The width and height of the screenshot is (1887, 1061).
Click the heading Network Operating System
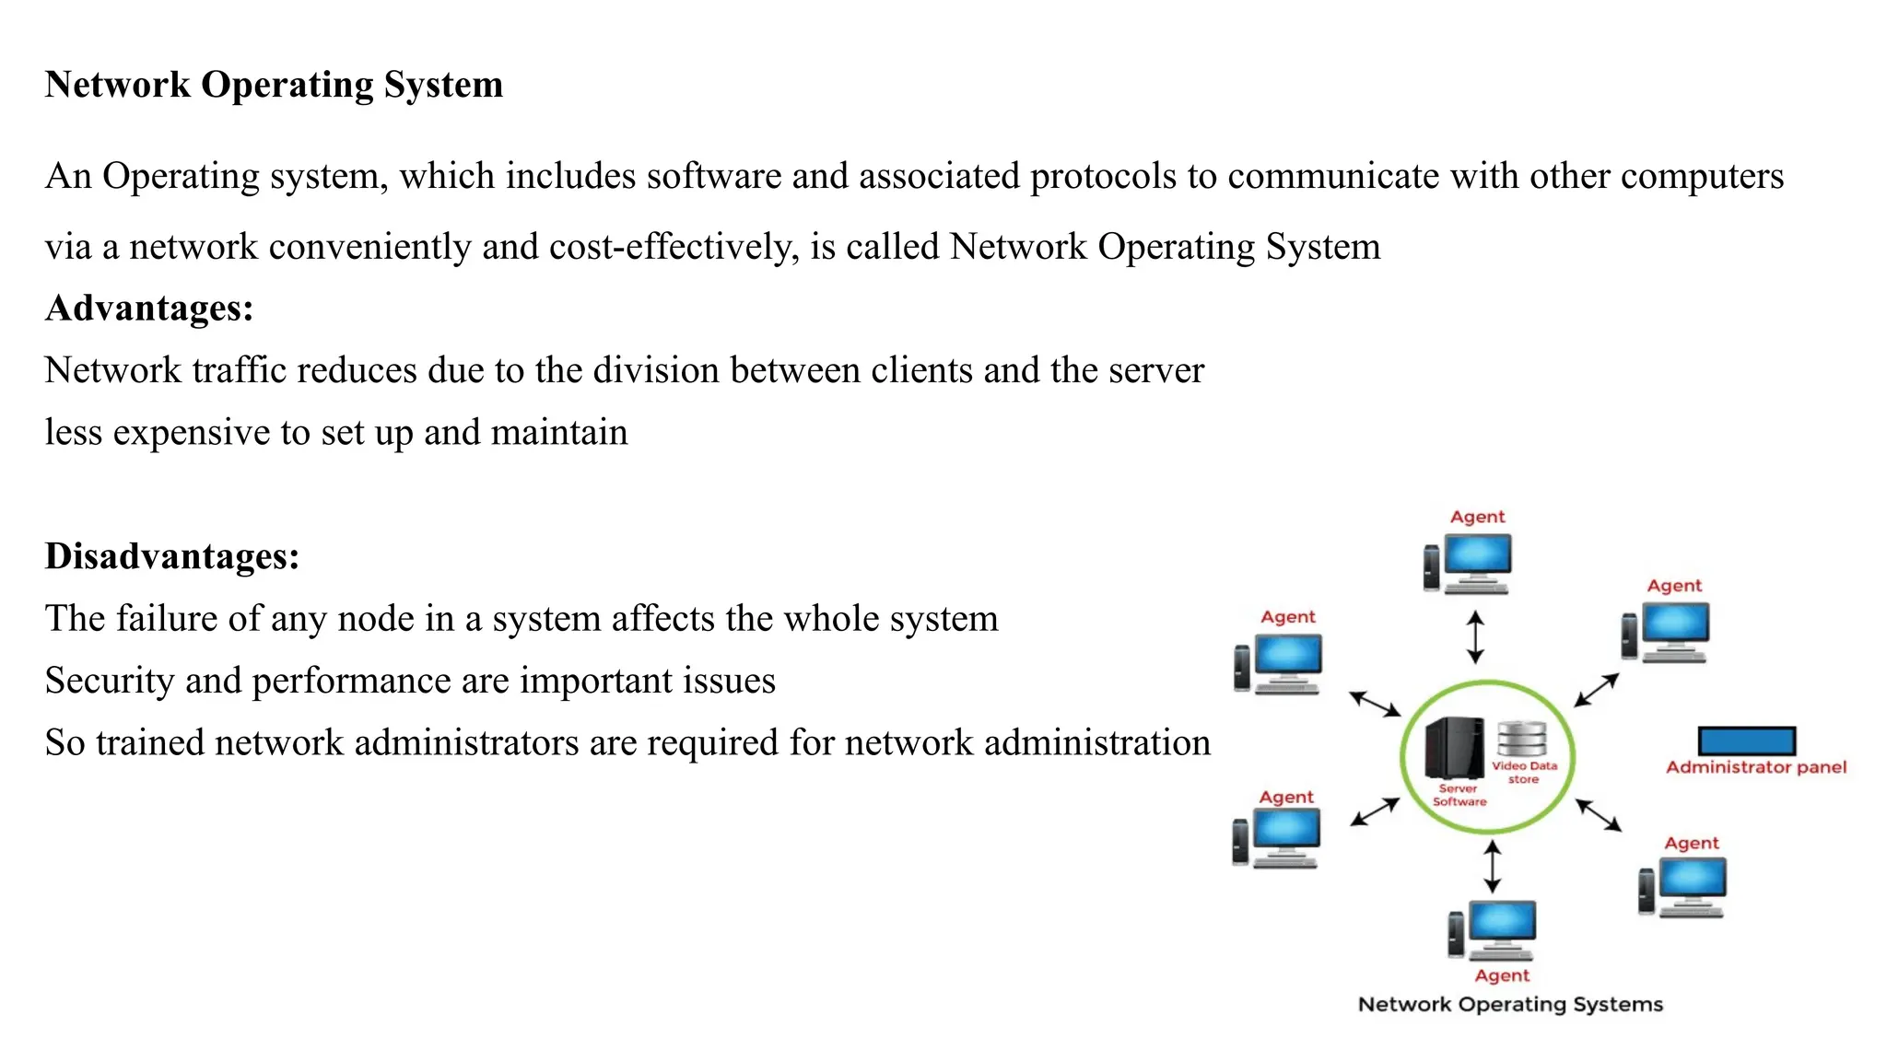coord(274,85)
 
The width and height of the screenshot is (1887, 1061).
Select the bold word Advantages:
coord(149,308)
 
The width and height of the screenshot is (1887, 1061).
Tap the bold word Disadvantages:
coord(172,556)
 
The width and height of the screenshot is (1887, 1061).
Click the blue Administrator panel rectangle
coord(1746,740)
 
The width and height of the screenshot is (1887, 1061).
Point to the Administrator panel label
coord(1755,767)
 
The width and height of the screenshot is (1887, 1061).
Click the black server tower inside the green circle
coord(1453,747)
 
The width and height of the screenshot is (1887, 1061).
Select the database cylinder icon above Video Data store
coord(1521,739)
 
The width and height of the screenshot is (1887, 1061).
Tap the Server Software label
coord(1459,795)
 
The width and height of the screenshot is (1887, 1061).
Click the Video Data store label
coord(1524,772)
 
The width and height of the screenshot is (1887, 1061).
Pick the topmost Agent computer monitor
coord(1477,556)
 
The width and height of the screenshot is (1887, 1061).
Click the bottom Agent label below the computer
coord(1501,975)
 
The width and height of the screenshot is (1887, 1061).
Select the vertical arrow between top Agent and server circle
coord(1474,636)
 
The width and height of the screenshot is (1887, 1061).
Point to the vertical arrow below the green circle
coord(1492,866)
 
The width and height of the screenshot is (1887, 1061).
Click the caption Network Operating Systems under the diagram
coord(1510,1004)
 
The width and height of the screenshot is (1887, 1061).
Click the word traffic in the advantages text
coord(239,370)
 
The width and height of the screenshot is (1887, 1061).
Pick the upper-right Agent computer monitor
coord(1674,624)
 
